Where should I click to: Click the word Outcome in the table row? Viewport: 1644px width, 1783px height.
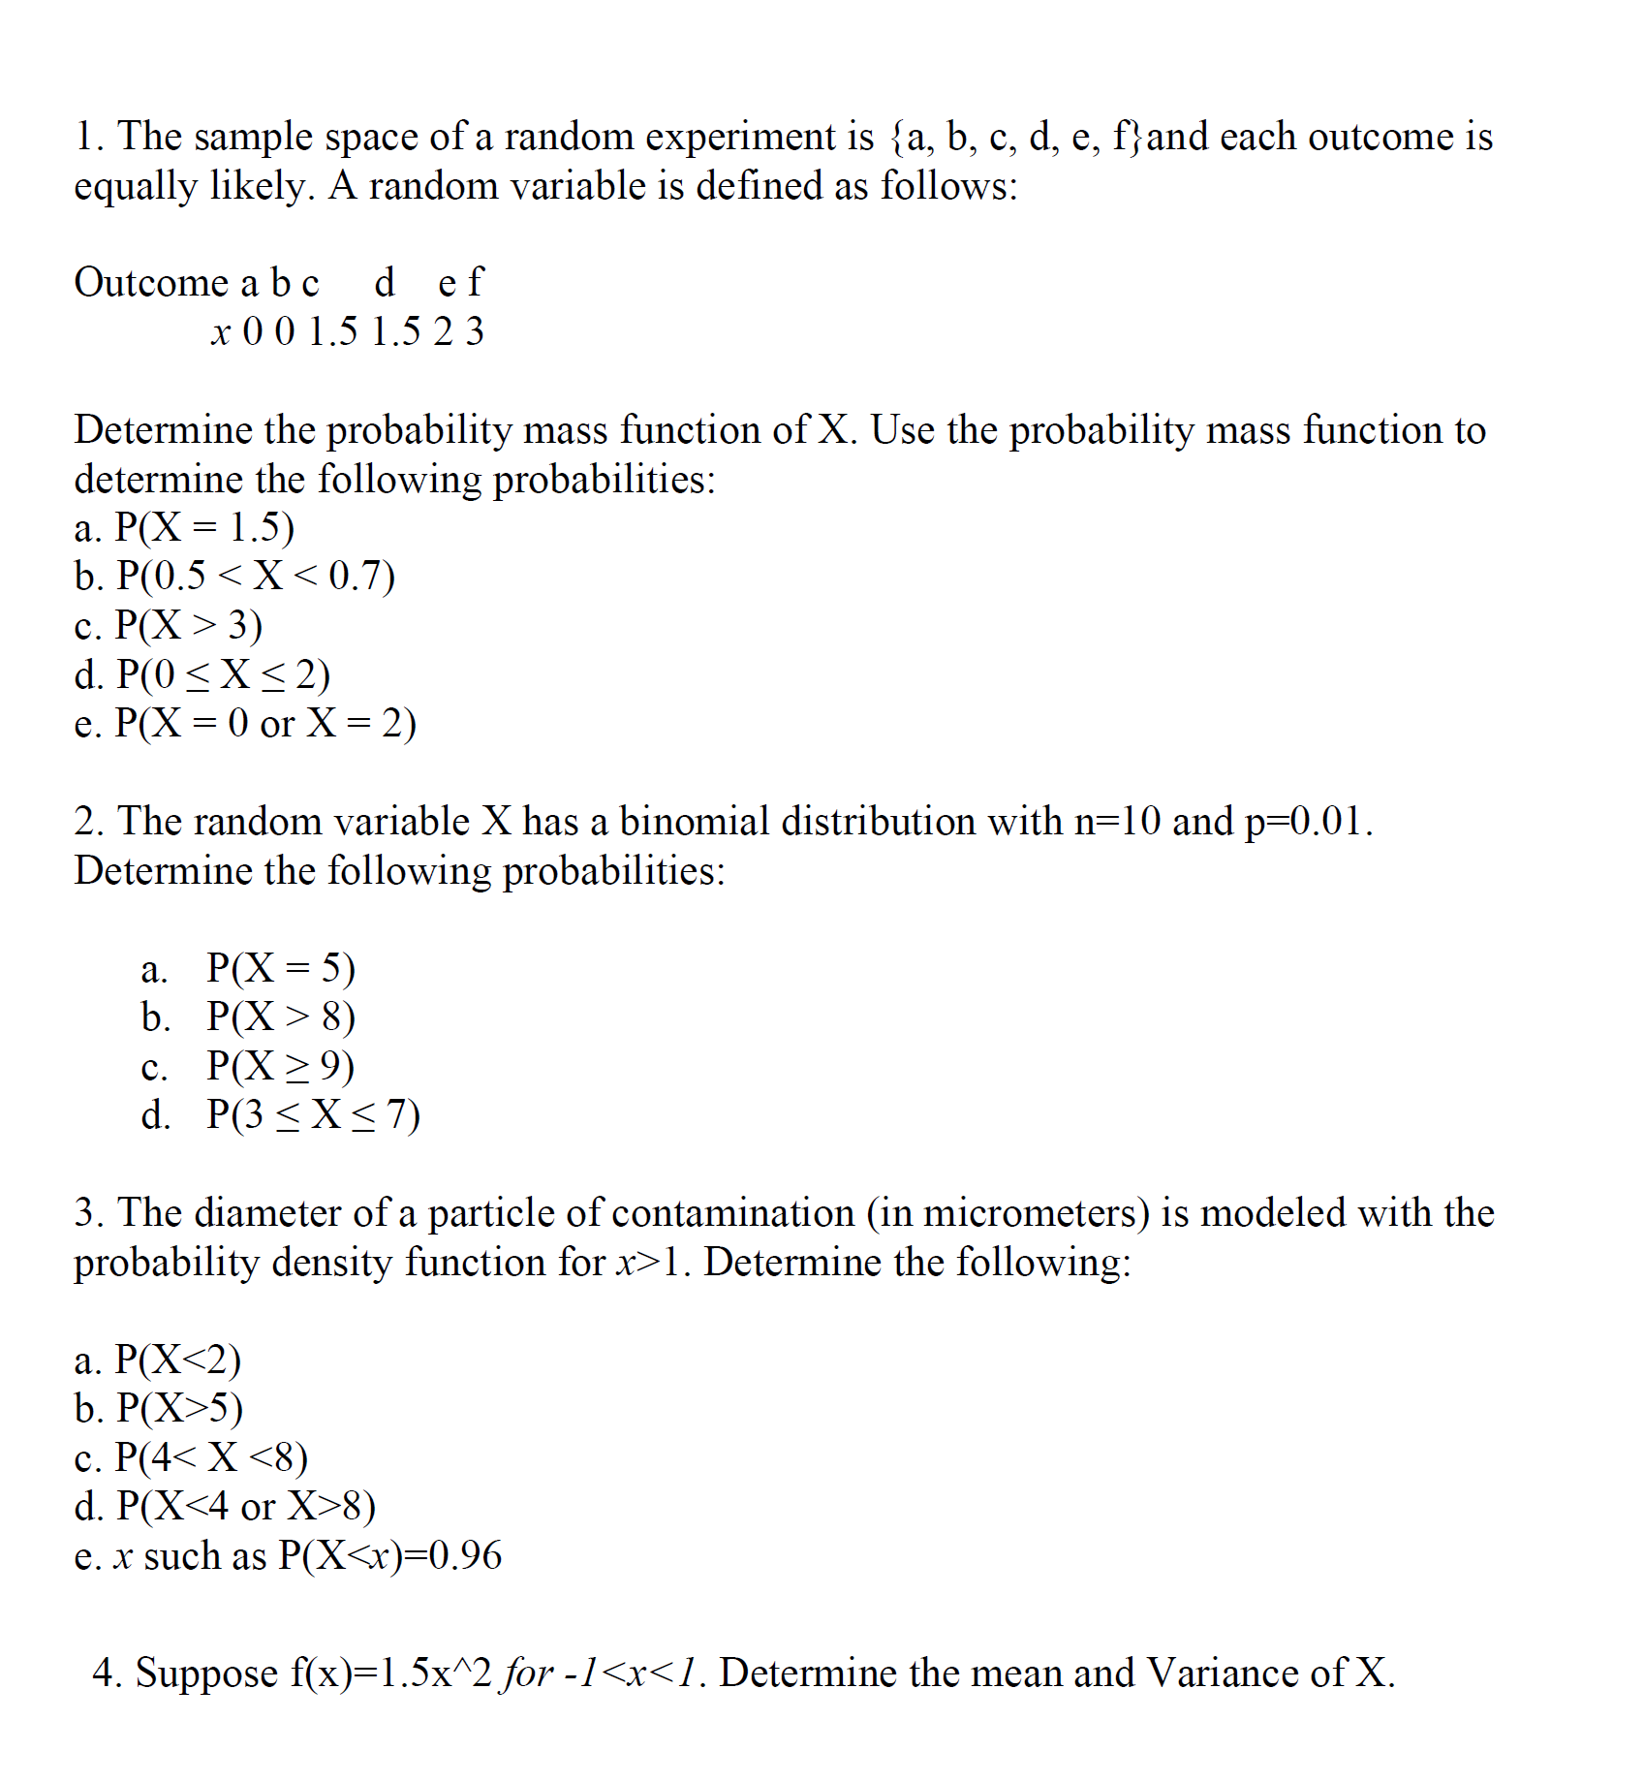(150, 283)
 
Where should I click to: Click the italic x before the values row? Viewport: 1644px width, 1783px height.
(221, 332)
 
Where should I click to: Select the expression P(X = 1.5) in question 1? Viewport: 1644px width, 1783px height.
(204, 527)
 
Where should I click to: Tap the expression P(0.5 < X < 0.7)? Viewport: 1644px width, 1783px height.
(256, 576)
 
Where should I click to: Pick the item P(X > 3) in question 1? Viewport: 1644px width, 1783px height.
(189, 625)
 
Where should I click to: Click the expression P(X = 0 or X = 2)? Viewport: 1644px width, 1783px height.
(265, 723)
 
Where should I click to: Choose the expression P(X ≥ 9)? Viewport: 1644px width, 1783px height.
(281, 1065)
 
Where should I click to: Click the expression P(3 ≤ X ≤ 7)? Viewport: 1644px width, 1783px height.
(314, 1114)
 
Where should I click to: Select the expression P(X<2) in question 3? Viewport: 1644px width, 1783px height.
(178, 1360)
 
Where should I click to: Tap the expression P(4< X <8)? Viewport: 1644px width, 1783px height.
(211, 1457)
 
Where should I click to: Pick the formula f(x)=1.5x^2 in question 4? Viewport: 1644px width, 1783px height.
(391, 1674)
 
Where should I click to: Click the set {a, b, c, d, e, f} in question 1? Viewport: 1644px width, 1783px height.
(1016, 138)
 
